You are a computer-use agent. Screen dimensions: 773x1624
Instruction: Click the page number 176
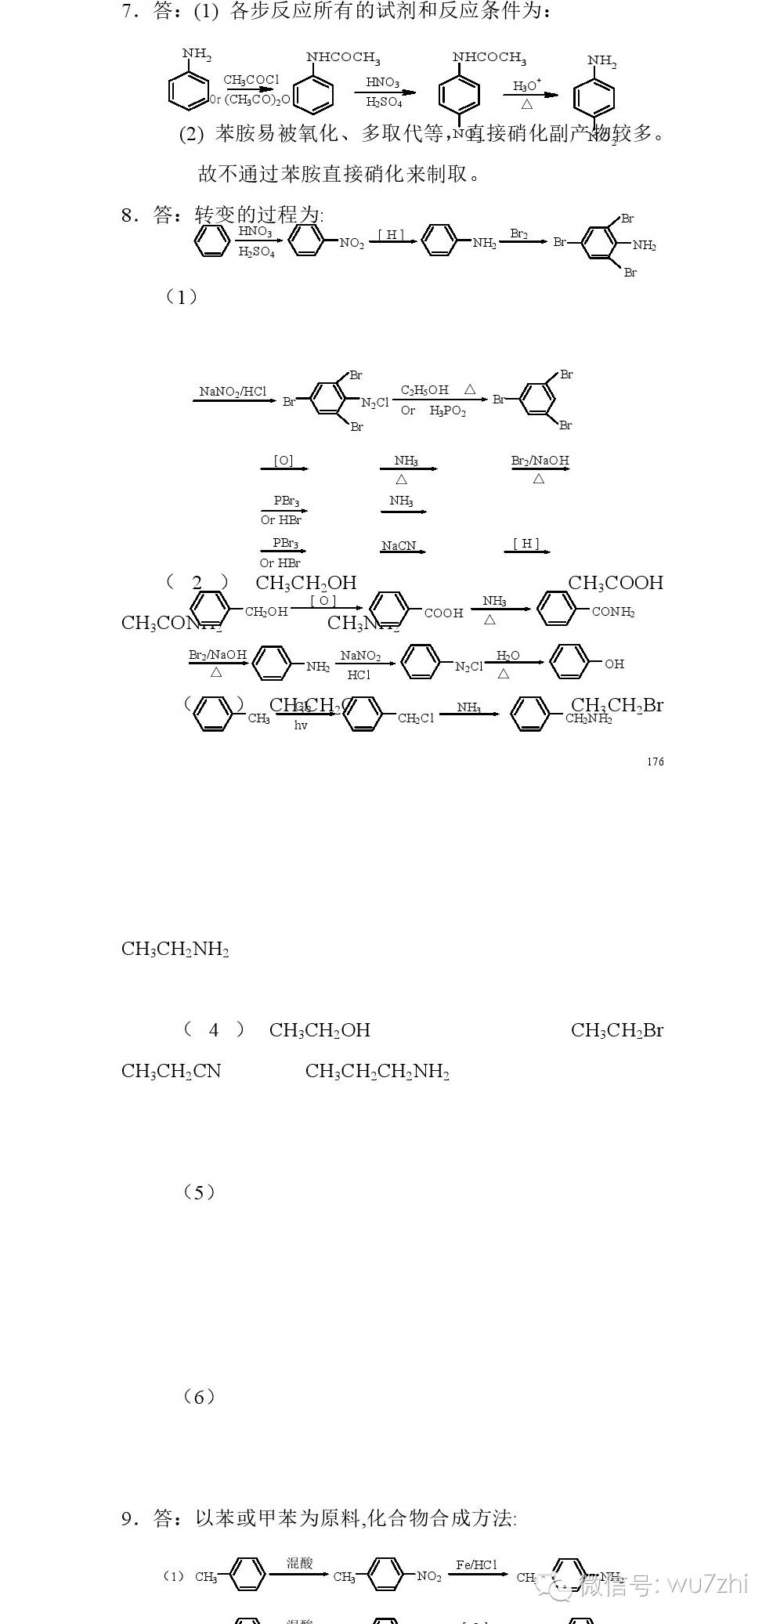[x=656, y=761]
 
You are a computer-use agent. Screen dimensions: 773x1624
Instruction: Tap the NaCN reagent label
[x=399, y=545]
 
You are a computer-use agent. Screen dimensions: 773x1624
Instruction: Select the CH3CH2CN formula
[x=172, y=1071]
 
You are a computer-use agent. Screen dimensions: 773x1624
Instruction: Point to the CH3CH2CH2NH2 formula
[x=377, y=1071]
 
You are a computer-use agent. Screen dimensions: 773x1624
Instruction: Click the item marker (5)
[x=199, y=1192]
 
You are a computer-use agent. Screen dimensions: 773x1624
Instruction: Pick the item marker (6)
[x=199, y=1397]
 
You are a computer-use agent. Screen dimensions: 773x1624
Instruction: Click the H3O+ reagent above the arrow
[x=527, y=85]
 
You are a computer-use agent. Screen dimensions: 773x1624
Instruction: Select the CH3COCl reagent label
[x=251, y=80]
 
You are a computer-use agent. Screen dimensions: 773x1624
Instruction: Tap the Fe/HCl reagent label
[x=476, y=1564]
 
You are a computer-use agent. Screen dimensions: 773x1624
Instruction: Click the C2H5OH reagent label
[x=424, y=390]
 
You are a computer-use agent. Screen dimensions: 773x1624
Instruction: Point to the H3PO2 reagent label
[x=447, y=411]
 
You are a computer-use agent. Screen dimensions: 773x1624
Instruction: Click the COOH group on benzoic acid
[x=443, y=613]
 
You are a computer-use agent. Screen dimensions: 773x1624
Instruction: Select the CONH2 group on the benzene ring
[x=612, y=612]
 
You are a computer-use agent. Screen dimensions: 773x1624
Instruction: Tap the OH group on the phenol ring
[x=614, y=664]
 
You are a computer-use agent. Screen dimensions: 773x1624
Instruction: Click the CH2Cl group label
[x=415, y=718]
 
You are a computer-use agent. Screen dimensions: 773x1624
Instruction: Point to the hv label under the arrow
[x=301, y=725]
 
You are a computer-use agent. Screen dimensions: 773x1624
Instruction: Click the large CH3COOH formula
[x=616, y=583]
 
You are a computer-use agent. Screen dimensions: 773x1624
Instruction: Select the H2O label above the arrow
[x=508, y=656]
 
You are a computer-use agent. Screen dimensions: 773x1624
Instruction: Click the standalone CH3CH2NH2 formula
[x=175, y=949]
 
